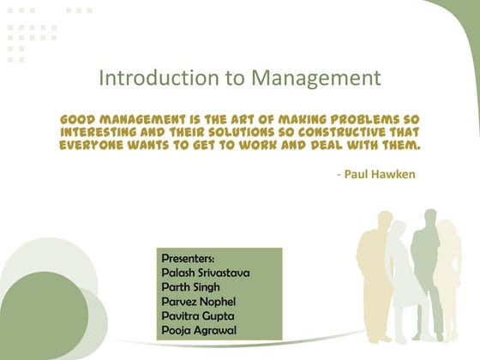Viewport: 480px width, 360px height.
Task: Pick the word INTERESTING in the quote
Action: coord(102,132)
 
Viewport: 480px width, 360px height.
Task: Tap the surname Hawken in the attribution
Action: coord(395,174)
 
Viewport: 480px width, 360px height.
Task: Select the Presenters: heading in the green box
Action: coord(188,258)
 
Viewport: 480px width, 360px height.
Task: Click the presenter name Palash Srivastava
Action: coord(206,273)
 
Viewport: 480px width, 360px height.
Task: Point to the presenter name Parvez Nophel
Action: coord(199,302)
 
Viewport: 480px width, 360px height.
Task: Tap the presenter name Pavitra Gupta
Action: coord(198,316)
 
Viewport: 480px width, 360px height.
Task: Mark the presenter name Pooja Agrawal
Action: coord(200,331)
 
